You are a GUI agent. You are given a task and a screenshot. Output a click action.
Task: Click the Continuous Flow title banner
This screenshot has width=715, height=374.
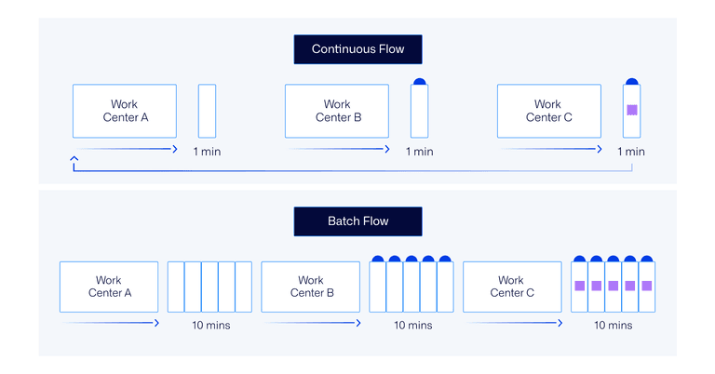(357, 49)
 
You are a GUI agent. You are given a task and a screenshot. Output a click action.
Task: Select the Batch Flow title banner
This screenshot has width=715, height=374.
(357, 221)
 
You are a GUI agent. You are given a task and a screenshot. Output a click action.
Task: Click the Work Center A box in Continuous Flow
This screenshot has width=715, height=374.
(125, 111)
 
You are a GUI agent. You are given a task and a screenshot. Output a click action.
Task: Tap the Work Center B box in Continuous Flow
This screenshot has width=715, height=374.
(337, 111)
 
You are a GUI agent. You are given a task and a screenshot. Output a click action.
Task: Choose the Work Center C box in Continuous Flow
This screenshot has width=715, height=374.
(548, 111)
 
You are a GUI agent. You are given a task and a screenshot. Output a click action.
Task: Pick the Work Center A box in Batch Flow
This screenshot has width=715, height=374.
(109, 287)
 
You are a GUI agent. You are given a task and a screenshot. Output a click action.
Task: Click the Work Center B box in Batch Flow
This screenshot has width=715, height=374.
(310, 287)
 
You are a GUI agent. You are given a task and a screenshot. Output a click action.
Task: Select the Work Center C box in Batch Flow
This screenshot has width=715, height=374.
(511, 287)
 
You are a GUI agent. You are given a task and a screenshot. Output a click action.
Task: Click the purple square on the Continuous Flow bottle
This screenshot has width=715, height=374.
(632, 110)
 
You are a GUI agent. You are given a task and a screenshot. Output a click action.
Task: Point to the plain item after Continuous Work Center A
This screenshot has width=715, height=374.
(207, 111)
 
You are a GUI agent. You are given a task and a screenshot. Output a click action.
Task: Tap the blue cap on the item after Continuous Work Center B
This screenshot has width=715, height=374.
(419, 82)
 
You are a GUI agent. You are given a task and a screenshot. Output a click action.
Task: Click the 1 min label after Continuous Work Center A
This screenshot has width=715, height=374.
(207, 152)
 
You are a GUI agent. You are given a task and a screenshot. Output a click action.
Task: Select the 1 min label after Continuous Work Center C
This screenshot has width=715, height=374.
(631, 152)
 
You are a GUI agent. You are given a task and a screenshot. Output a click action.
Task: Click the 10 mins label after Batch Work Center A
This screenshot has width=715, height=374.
(210, 326)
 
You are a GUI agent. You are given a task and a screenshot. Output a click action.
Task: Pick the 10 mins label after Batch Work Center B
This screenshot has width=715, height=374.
(411, 326)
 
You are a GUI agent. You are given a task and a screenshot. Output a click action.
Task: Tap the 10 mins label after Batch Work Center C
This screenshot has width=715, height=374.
(613, 326)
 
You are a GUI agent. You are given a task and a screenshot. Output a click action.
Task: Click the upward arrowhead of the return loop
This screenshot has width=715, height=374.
(74, 160)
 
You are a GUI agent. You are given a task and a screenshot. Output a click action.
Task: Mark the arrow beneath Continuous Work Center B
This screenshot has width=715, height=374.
(337, 148)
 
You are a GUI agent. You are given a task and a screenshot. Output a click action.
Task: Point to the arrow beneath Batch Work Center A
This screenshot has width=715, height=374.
(109, 323)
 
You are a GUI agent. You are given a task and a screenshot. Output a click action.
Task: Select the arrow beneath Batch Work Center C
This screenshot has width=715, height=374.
(511, 323)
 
